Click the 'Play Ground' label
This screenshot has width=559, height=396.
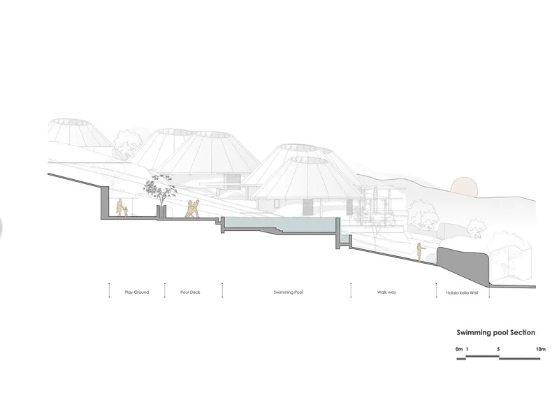136,292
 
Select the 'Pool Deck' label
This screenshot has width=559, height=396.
190,292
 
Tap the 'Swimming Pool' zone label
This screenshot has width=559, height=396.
289,292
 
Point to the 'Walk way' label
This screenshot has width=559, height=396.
386,292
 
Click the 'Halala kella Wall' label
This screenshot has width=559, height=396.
462,293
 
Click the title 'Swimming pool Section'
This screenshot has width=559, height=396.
496,332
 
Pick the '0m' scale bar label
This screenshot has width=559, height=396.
459,349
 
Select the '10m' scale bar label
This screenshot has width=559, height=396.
540,349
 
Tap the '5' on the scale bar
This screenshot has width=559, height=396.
498,349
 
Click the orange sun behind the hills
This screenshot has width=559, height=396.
463,186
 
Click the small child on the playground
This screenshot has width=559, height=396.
126,211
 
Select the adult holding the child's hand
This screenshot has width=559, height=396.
119,208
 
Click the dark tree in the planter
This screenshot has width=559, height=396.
160,190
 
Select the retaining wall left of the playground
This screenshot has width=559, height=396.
104,201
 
